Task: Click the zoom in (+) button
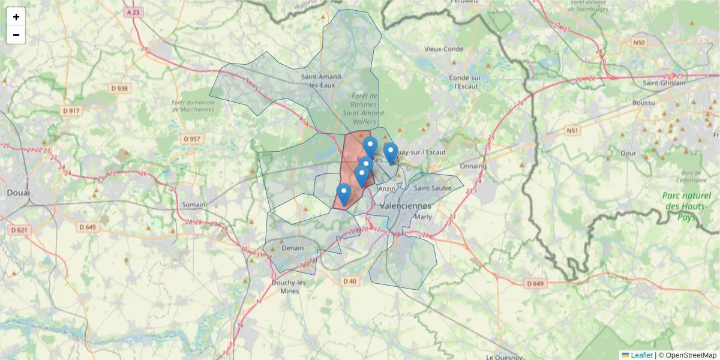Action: [x=16, y=17]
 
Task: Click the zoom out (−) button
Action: [x=16, y=35]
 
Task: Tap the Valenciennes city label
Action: [x=410, y=205]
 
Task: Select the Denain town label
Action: [x=293, y=248]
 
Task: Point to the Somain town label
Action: [x=194, y=205]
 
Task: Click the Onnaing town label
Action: [x=473, y=166]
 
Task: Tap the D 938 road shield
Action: [x=119, y=89]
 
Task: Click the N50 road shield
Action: [x=639, y=43]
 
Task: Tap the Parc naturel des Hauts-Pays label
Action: [x=688, y=206]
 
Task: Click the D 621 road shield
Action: [x=20, y=230]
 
